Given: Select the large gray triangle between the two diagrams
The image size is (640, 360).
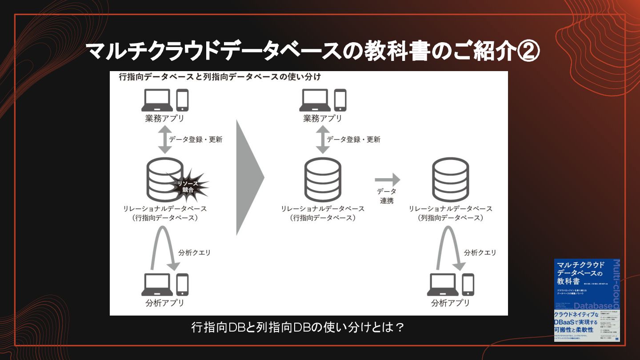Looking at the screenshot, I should click(249, 177).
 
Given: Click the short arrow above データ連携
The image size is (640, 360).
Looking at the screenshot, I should click(387, 180).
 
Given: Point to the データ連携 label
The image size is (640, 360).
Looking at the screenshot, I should click(387, 196).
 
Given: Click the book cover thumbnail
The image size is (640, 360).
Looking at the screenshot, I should click(587, 300).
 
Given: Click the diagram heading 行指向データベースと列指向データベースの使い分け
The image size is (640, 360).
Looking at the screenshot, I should click(220, 77).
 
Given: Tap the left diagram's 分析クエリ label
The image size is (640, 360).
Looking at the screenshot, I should click(194, 252).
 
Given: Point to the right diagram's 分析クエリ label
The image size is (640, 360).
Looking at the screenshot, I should click(480, 252).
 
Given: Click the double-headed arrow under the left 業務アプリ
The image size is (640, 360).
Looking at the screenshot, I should click(164, 139).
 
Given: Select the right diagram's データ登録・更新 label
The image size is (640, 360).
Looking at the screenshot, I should click(353, 139).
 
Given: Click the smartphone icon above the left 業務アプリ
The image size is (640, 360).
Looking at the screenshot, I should click(183, 100).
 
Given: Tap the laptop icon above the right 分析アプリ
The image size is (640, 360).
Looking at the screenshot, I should click(443, 284).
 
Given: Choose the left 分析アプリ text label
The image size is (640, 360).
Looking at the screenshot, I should click(164, 303).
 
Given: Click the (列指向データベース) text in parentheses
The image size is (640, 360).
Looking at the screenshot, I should click(450, 218).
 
